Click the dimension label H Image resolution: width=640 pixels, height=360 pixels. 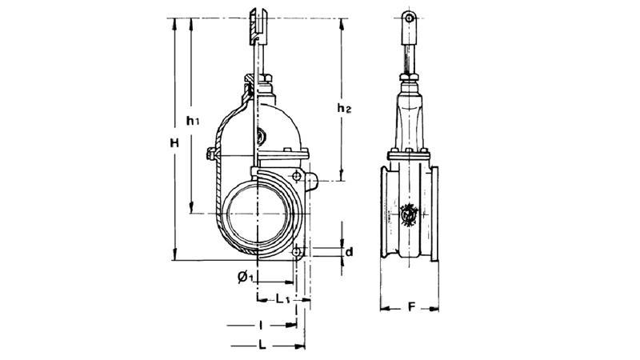pyautogui.click(x=174, y=143)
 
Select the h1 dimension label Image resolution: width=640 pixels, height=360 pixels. pyautogui.click(x=193, y=121)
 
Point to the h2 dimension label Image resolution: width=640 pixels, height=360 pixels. pyautogui.click(x=344, y=108)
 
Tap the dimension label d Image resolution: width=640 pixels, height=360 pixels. pyautogui.click(x=349, y=252)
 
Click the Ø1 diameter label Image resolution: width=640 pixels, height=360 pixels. pyautogui.click(x=246, y=277)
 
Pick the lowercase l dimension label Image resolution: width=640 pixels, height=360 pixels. pyautogui.click(x=261, y=326)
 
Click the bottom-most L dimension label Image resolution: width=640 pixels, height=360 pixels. pyautogui.click(x=262, y=346)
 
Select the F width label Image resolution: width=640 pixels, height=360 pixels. pyautogui.click(x=411, y=307)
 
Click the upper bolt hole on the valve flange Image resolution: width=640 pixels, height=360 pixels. pyautogui.click(x=297, y=176)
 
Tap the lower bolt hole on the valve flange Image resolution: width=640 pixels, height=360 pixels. pyautogui.click(x=297, y=251)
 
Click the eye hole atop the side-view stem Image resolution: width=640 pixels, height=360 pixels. pyautogui.click(x=409, y=18)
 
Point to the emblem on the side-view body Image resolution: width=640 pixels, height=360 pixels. pyautogui.click(x=409, y=214)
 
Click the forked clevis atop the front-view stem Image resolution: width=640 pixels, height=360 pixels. pyautogui.click(x=258, y=26)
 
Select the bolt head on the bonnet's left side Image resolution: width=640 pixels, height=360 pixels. pyautogui.click(x=210, y=154)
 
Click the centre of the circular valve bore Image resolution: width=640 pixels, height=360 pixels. pyautogui.click(x=258, y=214)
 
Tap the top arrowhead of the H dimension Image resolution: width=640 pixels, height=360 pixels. pyautogui.click(x=174, y=23)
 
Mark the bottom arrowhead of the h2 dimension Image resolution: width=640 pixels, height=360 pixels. pyautogui.click(x=342, y=176)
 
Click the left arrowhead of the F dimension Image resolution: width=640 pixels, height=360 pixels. pyautogui.click(x=385, y=309)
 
